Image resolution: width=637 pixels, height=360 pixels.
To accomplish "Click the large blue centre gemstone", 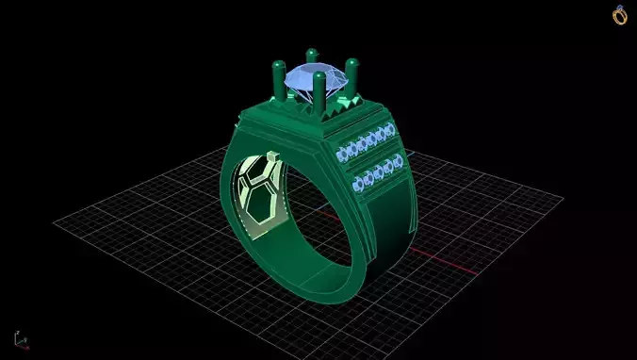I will click(x=314, y=82).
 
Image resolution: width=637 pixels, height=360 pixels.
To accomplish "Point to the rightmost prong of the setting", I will click(x=352, y=75).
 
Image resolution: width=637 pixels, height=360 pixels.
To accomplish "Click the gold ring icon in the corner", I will click(x=620, y=15).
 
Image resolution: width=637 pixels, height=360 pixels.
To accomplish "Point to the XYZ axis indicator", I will click(x=20, y=338).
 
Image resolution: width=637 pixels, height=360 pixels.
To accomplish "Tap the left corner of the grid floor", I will click(x=55, y=223).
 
